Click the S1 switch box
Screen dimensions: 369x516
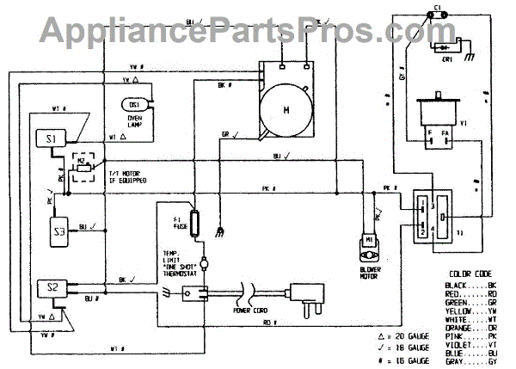point(51,138)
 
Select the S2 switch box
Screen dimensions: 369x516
point(51,287)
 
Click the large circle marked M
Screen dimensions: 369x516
point(286,109)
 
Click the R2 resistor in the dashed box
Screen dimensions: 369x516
point(83,167)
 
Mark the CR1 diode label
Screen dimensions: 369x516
point(449,57)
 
